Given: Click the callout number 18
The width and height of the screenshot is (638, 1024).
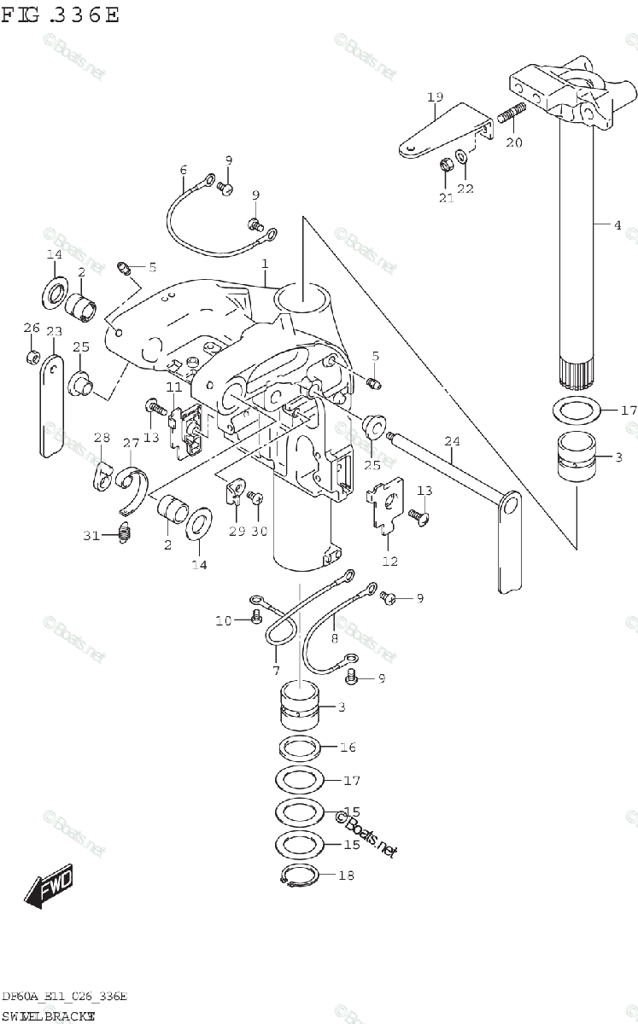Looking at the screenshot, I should click(x=345, y=876).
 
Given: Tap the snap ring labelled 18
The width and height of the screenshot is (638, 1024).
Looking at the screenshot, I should click(x=300, y=876).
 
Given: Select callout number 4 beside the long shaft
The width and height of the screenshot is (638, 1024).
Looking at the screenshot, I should click(x=617, y=225).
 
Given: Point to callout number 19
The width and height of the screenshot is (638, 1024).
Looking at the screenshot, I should click(x=435, y=97).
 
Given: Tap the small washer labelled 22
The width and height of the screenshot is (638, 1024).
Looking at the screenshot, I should click(x=462, y=156).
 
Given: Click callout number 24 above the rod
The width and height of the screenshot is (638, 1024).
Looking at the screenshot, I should click(x=452, y=442).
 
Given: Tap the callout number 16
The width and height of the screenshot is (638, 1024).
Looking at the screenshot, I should click(x=347, y=748).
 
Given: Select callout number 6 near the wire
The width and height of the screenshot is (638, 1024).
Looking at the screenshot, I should click(x=183, y=170).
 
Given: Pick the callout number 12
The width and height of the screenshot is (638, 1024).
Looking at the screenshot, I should click(x=389, y=561).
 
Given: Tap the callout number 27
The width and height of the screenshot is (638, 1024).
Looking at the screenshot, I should click(x=131, y=443).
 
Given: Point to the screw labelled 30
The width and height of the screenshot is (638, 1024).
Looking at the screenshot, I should click(x=253, y=497).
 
